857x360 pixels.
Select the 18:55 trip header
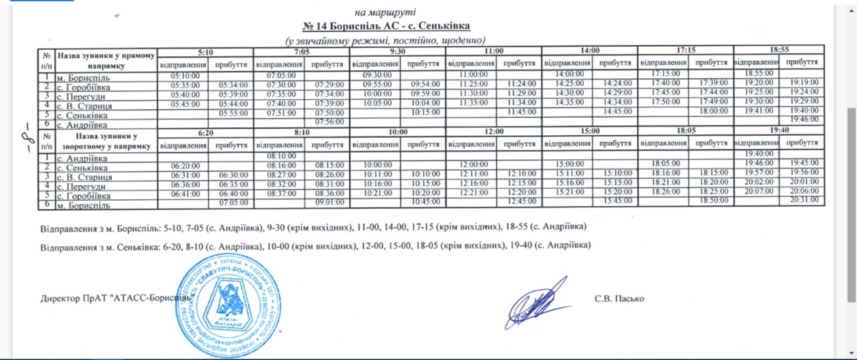(779, 50)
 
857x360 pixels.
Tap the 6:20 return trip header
(206, 132)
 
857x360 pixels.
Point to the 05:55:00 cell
(230, 113)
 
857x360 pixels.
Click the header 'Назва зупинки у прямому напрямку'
(106, 60)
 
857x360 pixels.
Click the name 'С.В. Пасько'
(619, 298)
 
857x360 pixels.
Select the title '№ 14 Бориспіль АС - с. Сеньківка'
(386, 26)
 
